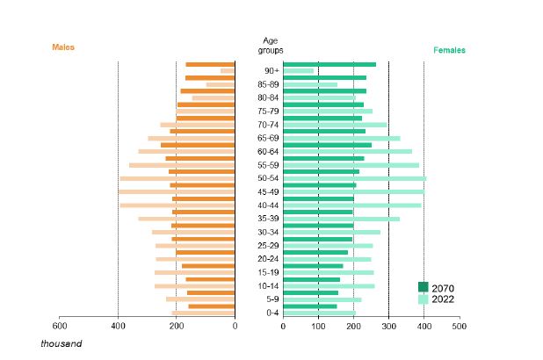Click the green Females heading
click(449, 50)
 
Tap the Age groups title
click(271, 46)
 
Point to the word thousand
click(60, 343)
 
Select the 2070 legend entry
click(443, 287)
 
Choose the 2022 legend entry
click(443, 299)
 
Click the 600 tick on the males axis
click(60, 325)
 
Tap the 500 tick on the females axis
click(459, 325)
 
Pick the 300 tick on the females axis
click(388, 325)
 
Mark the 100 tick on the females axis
click(318, 325)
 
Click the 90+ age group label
click(271, 71)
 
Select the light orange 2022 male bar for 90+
click(227, 71)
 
